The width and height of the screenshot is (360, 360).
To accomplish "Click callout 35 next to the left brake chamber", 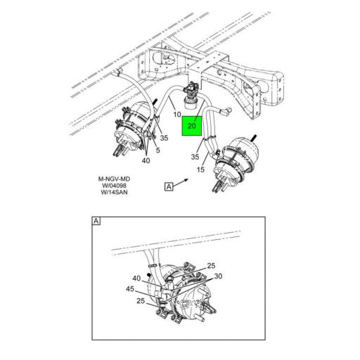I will pos(164,139).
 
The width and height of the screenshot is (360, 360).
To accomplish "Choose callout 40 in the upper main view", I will pos(147,160).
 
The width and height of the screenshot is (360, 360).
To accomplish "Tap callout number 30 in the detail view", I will pos(219,276).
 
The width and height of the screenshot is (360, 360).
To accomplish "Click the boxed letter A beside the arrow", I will pos(168,186).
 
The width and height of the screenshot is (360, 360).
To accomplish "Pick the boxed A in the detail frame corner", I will pos(96,221).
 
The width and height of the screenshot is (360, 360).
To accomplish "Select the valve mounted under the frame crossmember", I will pos(190,91).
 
